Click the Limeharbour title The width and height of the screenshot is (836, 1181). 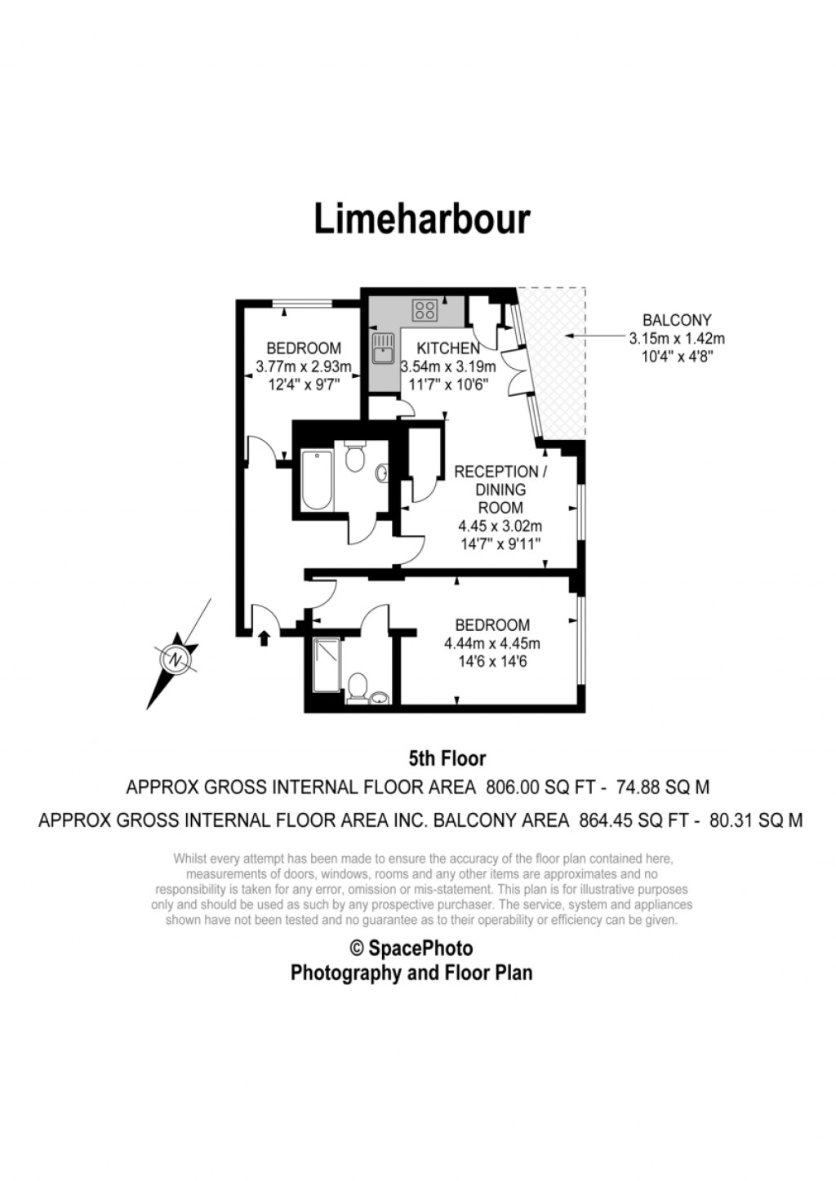tap(422, 219)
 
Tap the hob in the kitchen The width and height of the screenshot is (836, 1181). tap(425, 309)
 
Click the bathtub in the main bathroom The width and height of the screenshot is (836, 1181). tap(316, 479)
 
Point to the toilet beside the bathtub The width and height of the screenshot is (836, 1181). tap(354, 458)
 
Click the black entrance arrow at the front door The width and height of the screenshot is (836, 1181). tap(264, 637)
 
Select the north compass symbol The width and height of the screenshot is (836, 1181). tap(176, 658)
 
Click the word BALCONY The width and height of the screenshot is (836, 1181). tap(677, 321)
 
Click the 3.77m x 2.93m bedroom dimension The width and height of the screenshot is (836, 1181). tap(303, 367)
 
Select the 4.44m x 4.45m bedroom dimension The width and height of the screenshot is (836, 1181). tap(491, 643)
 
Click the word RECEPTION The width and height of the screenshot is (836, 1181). tap(496, 472)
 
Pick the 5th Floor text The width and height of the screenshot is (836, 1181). tap(447, 759)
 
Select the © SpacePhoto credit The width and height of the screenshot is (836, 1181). tap(411, 948)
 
